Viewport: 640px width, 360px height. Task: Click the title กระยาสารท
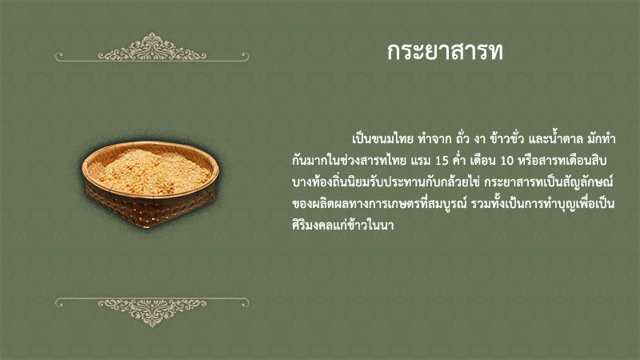tap(445, 52)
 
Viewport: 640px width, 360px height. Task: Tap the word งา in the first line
tap(479, 139)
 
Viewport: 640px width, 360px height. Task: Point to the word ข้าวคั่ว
tap(506, 138)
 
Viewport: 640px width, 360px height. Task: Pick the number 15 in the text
tap(442, 161)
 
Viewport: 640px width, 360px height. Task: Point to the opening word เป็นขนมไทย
tap(383, 138)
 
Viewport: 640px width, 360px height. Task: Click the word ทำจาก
tap(434, 138)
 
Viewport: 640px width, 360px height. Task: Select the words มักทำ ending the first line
tap(602, 138)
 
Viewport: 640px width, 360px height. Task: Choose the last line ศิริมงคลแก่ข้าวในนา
tap(343, 225)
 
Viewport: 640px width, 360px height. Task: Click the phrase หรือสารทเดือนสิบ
tap(562, 161)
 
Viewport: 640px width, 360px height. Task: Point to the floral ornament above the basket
tap(152, 47)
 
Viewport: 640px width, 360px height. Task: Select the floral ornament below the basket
tap(152, 313)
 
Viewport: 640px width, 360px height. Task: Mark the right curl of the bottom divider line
tap(244, 303)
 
